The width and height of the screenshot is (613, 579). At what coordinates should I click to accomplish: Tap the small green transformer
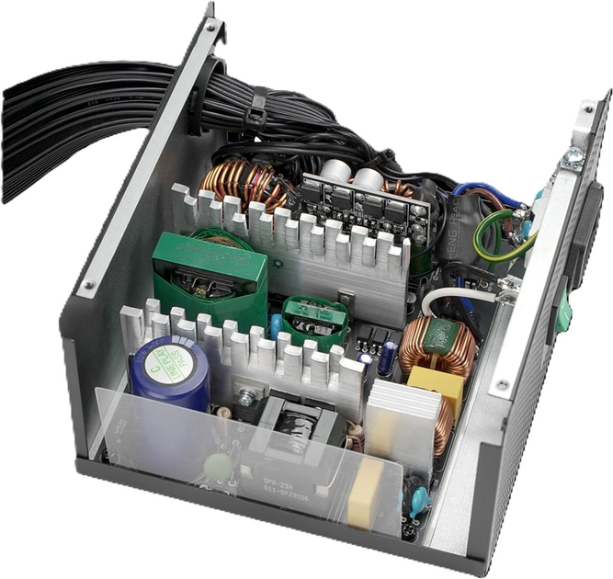pos(313,317)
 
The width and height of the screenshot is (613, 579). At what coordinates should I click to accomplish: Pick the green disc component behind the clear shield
pos(217,465)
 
